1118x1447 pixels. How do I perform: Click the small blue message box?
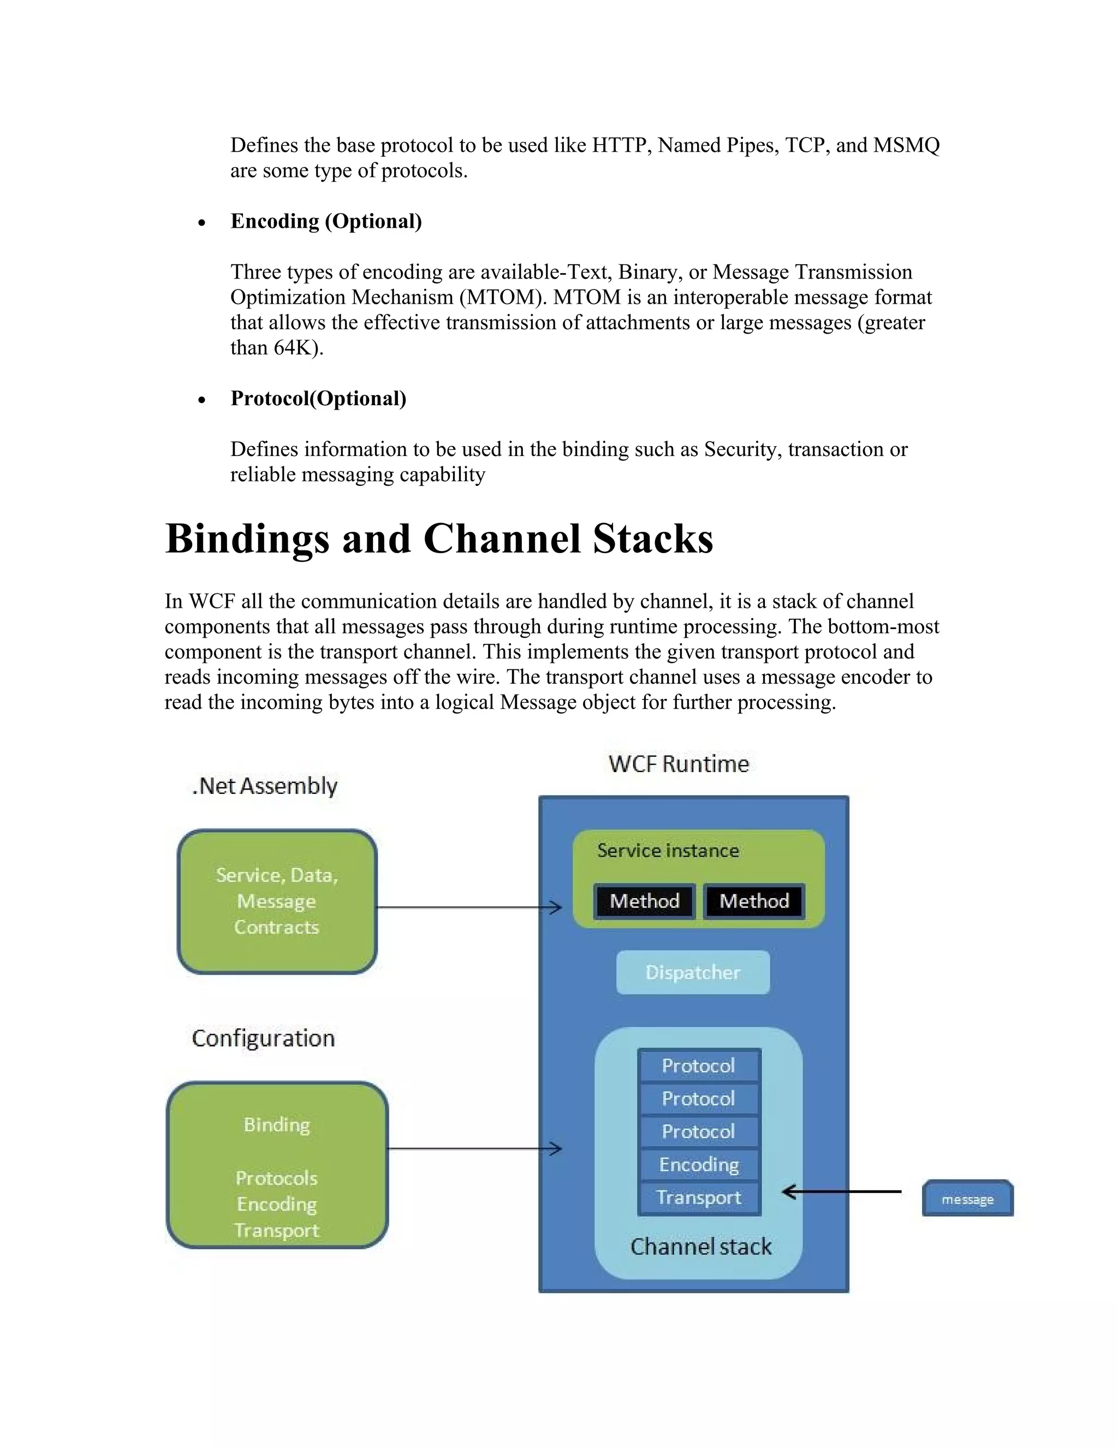pyautogui.click(x=967, y=1198)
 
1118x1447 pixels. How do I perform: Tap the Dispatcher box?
pyautogui.click(x=693, y=972)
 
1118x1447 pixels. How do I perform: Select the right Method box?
pyautogui.click(x=754, y=901)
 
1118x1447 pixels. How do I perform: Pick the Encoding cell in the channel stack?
pyautogui.click(x=699, y=1164)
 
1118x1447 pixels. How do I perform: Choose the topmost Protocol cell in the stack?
pyautogui.click(x=699, y=1065)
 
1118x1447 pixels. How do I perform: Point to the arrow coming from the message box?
pyautogui.click(x=841, y=1192)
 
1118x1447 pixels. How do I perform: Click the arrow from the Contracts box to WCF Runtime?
pyautogui.click(x=468, y=907)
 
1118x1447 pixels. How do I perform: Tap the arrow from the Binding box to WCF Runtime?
pyautogui.click(x=473, y=1148)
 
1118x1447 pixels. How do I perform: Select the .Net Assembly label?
pyautogui.click(x=265, y=786)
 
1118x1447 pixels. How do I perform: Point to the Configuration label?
pyautogui.click(x=264, y=1037)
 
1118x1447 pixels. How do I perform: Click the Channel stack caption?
pyautogui.click(x=701, y=1246)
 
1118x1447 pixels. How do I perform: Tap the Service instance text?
pyautogui.click(x=668, y=850)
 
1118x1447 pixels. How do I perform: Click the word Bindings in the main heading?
pyautogui.click(x=247, y=538)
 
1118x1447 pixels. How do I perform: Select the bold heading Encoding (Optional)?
pyautogui.click(x=326, y=221)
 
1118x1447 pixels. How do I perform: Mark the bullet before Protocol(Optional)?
pyautogui.click(x=201, y=400)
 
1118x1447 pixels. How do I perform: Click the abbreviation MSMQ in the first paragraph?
pyautogui.click(x=906, y=145)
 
